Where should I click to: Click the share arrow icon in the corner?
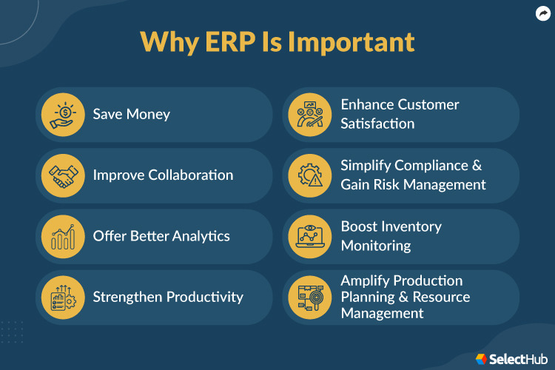click(x=542, y=13)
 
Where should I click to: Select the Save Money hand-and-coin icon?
click(x=63, y=114)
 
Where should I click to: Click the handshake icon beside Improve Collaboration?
click(x=63, y=175)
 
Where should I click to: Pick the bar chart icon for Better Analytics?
click(x=63, y=236)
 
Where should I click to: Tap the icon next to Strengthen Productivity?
click(x=63, y=297)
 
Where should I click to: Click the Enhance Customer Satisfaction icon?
click(x=310, y=114)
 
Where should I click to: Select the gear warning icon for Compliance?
click(x=310, y=175)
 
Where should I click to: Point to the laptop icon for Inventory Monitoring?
click(x=310, y=236)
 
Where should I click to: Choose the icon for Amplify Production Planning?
click(x=310, y=297)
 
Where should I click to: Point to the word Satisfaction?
click(x=377, y=124)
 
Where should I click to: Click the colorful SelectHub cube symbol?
click(x=481, y=358)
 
